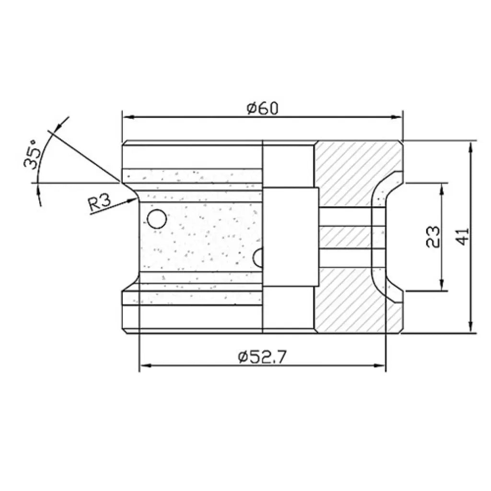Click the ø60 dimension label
click(262, 109)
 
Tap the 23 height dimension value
click(433, 236)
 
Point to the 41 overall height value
click(463, 236)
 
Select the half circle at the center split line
click(259, 257)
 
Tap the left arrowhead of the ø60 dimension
click(128, 117)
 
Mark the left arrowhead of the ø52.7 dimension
click(143, 366)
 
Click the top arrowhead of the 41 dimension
click(472, 146)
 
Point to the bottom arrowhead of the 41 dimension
click(472, 327)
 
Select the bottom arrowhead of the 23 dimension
click(442, 286)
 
